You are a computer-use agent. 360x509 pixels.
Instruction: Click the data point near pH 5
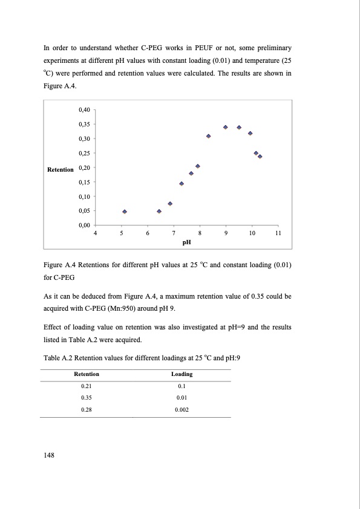tap(125, 212)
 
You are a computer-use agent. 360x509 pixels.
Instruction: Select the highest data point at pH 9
tap(225, 127)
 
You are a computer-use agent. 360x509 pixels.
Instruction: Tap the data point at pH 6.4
tap(159, 212)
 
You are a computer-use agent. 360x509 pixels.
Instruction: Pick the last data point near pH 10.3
tap(260, 157)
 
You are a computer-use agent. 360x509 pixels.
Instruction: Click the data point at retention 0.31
tap(208, 136)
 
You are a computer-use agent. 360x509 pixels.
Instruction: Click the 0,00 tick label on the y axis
tap(84, 225)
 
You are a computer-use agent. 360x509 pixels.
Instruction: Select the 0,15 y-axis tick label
tap(84, 182)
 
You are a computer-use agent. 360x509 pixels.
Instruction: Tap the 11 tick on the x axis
tap(278, 233)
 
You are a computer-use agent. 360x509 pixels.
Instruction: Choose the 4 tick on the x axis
tap(95, 233)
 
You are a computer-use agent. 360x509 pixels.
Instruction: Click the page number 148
tap(50, 455)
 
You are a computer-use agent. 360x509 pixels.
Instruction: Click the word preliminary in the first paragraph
tap(268, 47)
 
